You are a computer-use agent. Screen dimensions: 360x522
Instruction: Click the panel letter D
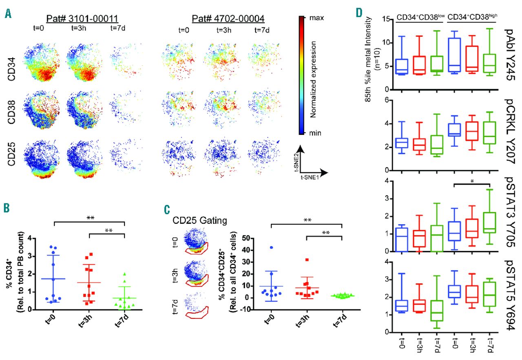tap(359, 13)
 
